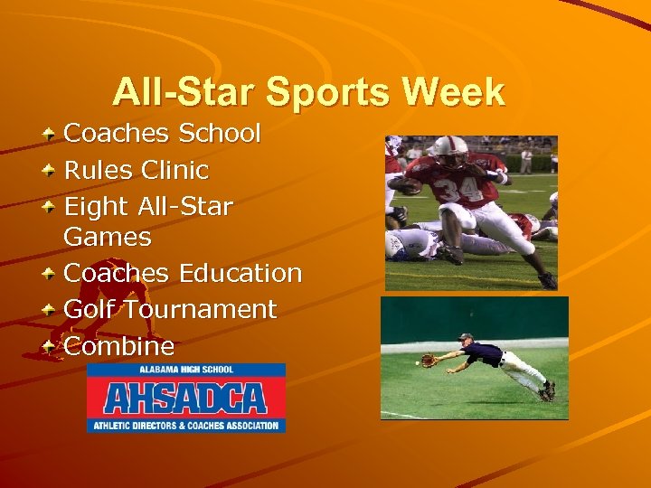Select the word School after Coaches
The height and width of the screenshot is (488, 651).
click(220, 134)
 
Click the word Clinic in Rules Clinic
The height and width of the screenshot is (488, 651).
click(175, 170)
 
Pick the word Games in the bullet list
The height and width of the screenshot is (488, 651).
click(108, 238)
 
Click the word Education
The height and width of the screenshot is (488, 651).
click(241, 273)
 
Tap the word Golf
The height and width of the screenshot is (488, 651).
click(90, 309)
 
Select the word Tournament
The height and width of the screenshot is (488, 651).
click(201, 309)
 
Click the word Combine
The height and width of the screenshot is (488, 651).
click(119, 346)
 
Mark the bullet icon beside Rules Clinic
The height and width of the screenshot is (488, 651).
click(52, 169)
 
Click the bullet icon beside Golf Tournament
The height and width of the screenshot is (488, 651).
click(52, 308)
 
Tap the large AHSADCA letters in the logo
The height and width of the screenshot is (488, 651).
click(185, 398)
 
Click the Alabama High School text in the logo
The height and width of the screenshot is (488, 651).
click(186, 370)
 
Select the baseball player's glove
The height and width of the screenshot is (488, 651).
click(429, 361)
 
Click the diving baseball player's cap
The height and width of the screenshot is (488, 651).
click(465, 337)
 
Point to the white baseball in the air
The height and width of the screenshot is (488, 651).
click(417, 362)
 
